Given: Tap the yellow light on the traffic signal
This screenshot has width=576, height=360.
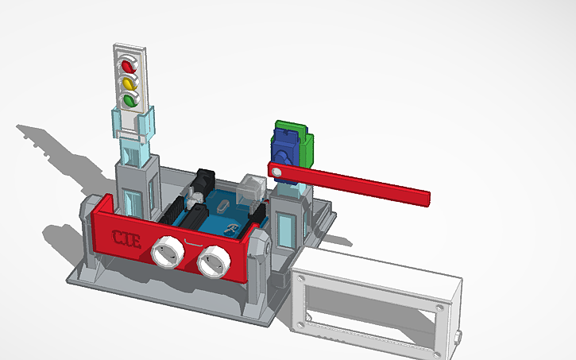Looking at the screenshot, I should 129,83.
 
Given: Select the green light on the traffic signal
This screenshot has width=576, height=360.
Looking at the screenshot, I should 129,100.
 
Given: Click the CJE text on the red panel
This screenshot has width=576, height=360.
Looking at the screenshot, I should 126,238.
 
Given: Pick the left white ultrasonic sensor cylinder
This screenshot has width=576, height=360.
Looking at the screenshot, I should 168,252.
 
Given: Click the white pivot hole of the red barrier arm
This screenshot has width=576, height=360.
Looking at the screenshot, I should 276,170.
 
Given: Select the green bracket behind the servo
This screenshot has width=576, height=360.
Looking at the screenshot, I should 304,143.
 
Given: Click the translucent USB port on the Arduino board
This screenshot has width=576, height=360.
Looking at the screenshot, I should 254,187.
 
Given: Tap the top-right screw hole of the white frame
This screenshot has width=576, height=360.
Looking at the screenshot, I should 437,306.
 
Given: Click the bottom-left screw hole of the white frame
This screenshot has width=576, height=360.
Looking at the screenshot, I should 301,323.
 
